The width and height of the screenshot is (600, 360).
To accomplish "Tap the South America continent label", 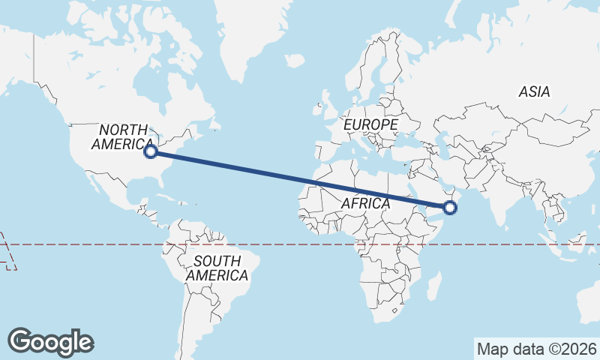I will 217,268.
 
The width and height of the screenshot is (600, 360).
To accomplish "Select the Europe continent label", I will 370,124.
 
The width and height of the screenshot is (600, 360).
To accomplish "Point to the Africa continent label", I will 365,203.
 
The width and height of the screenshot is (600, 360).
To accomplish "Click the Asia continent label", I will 534,92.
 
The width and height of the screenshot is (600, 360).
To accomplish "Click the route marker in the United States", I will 150,151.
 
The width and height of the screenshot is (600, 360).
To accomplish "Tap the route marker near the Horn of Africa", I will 450,208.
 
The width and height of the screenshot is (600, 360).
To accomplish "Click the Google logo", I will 50,342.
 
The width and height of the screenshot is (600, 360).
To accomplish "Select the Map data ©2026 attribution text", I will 536,349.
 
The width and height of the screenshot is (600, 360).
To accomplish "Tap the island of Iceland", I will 295,60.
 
